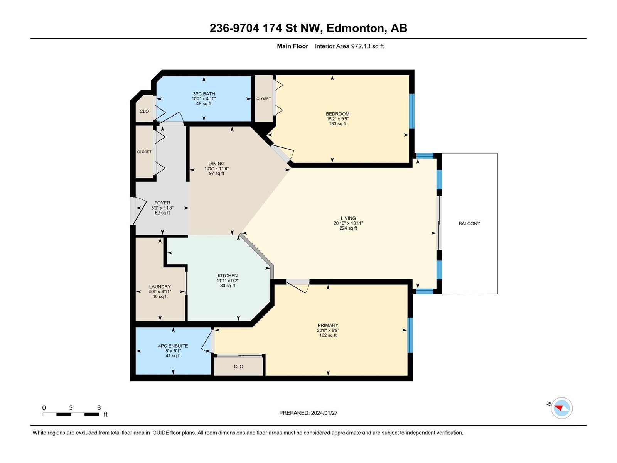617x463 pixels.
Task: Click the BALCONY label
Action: pyautogui.click(x=469, y=223)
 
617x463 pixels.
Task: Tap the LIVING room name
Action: pyautogui.click(x=348, y=218)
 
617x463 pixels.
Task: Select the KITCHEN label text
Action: pyautogui.click(x=228, y=276)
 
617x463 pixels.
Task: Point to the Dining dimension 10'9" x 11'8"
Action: pyautogui.click(x=216, y=169)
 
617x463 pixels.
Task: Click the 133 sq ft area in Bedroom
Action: pyautogui.click(x=337, y=124)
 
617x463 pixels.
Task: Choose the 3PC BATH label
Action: pyautogui.click(x=204, y=94)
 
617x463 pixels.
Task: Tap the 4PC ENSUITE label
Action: pyautogui.click(x=173, y=346)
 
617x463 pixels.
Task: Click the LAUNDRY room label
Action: pyautogui.click(x=160, y=287)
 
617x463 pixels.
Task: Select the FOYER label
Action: pyautogui.click(x=162, y=203)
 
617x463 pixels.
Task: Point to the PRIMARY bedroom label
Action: pyautogui.click(x=328, y=326)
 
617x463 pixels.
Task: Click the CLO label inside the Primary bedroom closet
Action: pyautogui.click(x=238, y=367)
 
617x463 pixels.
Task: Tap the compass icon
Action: pyautogui.click(x=561, y=408)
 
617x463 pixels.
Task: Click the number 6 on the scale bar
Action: pyautogui.click(x=99, y=407)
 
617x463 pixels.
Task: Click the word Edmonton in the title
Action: pyautogui.click(x=355, y=29)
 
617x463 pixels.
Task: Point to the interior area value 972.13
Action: pyautogui.click(x=361, y=46)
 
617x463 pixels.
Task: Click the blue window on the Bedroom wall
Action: pyautogui.click(x=411, y=111)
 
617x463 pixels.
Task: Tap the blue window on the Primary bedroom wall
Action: pyautogui.click(x=410, y=335)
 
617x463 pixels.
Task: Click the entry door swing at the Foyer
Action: pyautogui.click(x=138, y=211)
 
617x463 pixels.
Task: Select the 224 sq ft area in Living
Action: pyautogui.click(x=348, y=228)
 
